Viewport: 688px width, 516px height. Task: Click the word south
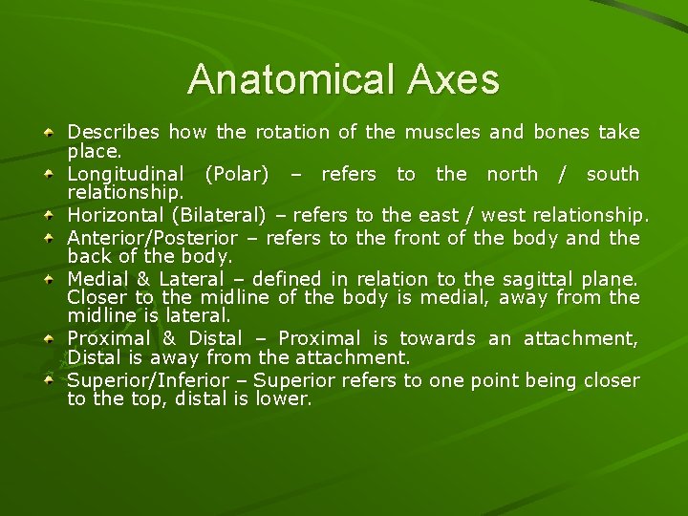click(613, 174)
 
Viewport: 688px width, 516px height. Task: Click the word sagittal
click(505, 279)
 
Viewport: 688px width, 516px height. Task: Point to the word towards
click(437, 338)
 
